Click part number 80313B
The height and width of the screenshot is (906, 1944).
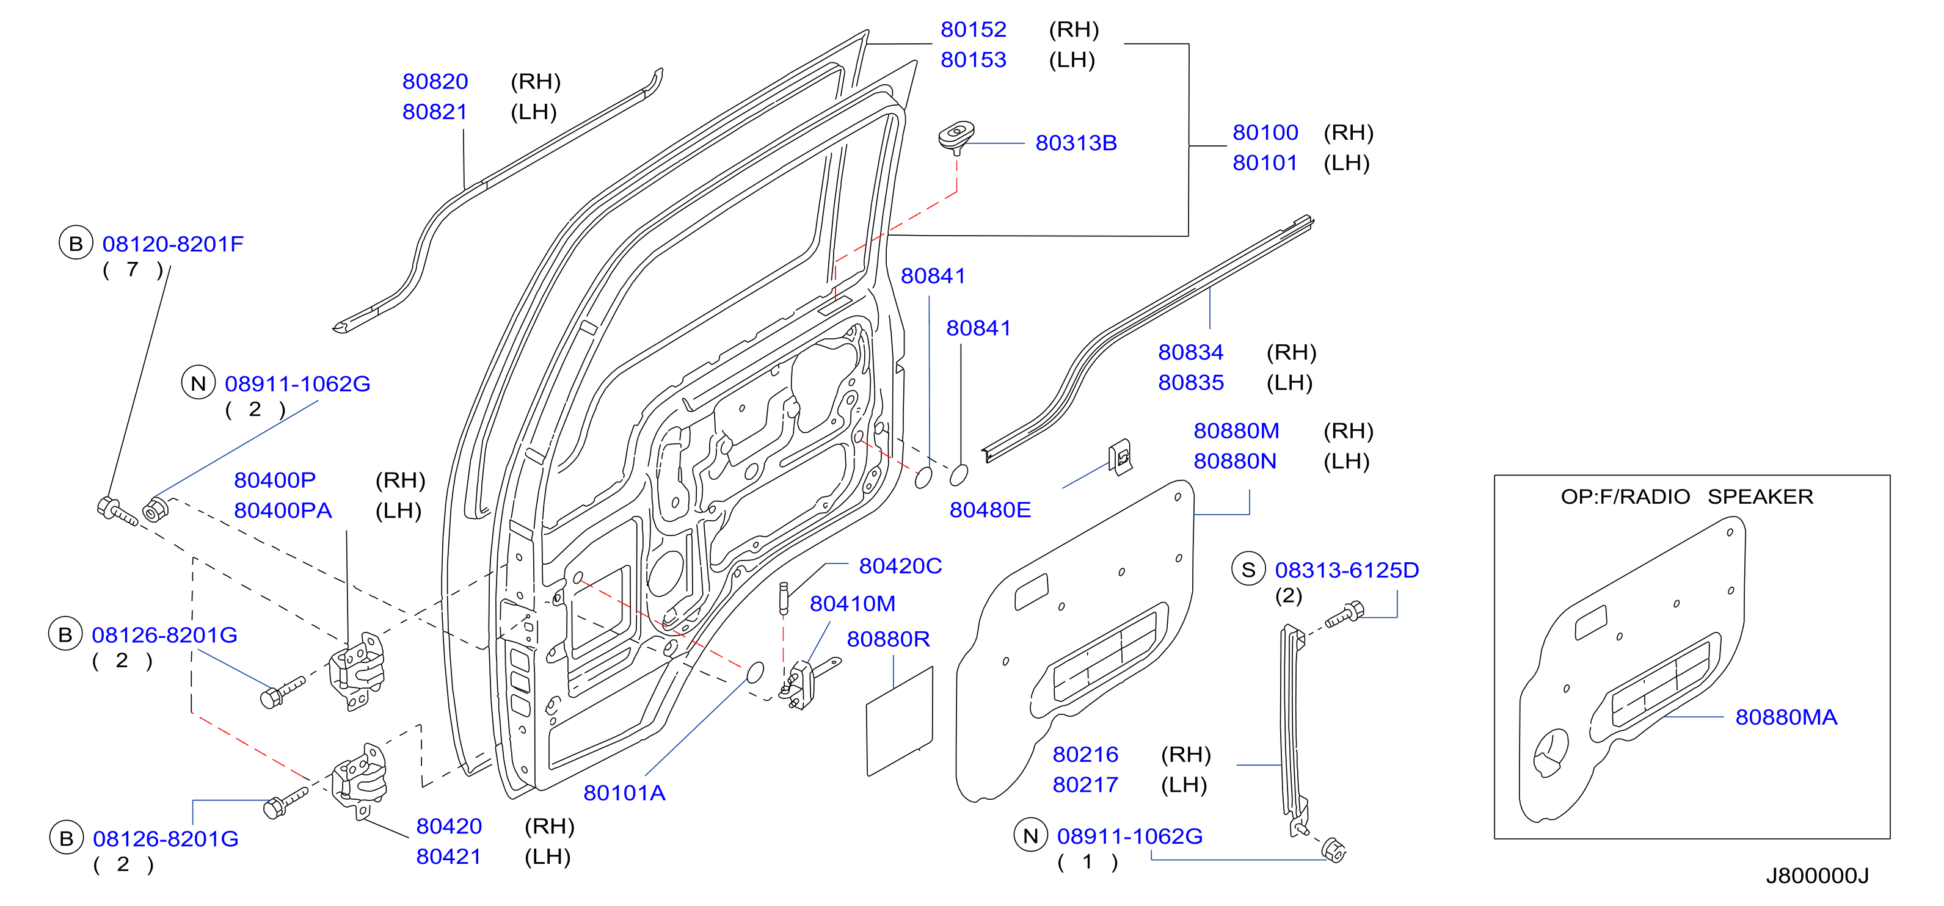click(1076, 143)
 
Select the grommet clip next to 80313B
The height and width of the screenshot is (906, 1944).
click(956, 137)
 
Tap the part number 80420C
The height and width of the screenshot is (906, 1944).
click(900, 566)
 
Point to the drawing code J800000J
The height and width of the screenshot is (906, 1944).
click(1816, 876)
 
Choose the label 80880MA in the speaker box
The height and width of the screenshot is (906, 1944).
click(1786, 717)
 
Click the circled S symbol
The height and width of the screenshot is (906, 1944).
click(1248, 570)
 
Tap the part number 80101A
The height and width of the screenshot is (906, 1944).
click(624, 793)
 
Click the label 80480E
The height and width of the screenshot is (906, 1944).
click(989, 510)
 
